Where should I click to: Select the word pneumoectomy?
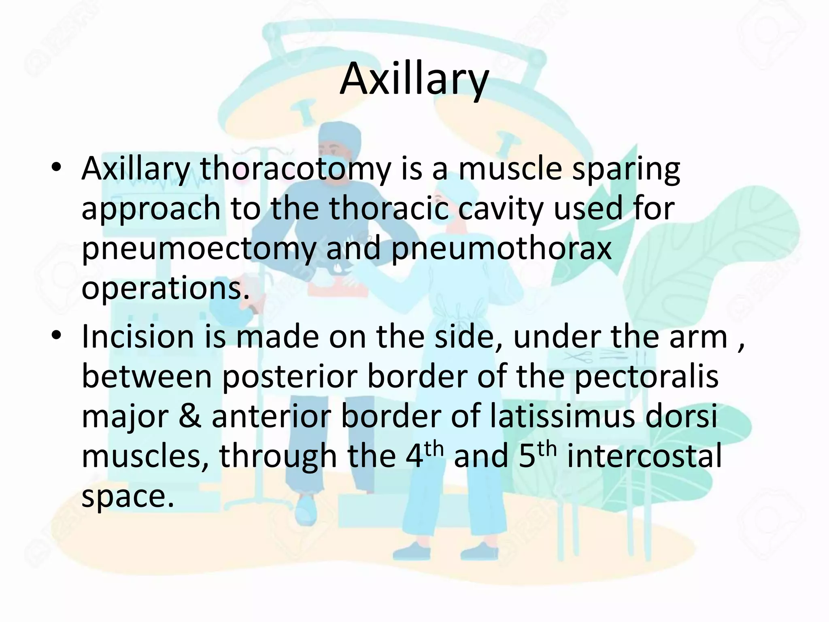pos(198,249)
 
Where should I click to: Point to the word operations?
pos(165,289)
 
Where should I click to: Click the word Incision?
pos(138,337)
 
